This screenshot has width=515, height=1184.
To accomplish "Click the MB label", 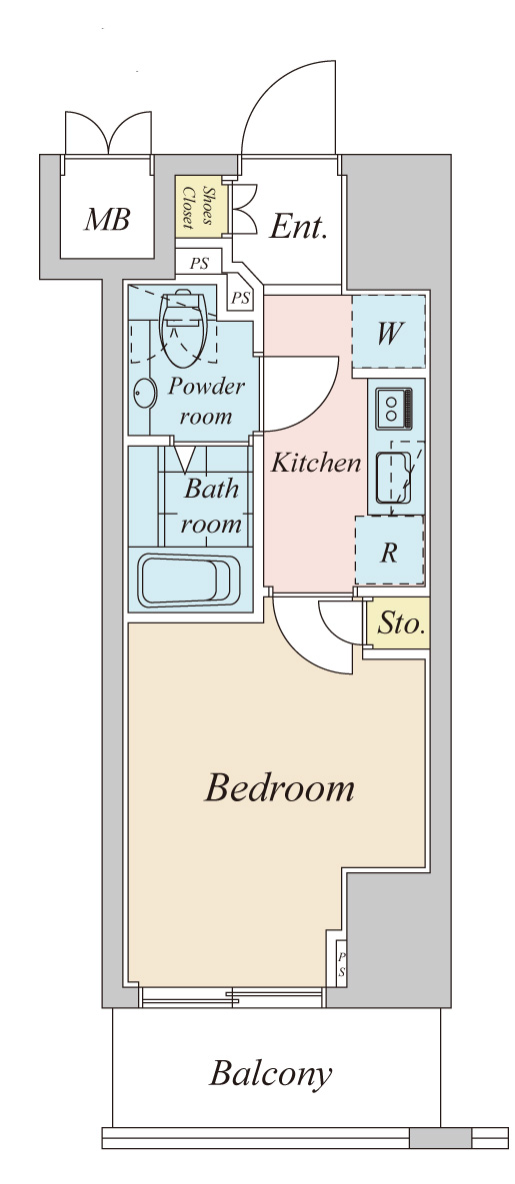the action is (107, 220).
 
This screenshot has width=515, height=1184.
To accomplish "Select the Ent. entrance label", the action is (299, 226).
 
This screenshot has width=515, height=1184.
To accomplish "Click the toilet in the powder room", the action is (185, 326).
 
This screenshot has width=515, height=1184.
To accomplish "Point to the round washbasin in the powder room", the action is (144, 394).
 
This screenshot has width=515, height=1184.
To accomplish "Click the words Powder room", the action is (206, 401).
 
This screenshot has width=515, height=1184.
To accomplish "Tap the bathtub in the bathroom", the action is (189, 581).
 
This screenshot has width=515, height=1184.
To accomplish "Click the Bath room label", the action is (212, 506).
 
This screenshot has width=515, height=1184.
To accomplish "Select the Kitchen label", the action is (316, 463).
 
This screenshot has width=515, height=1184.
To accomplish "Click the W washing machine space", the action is (389, 332).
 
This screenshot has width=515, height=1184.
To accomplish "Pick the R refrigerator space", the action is (389, 551).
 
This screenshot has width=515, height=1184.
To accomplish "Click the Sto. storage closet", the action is (398, 622).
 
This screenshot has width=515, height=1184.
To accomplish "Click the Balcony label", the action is (270, 1073).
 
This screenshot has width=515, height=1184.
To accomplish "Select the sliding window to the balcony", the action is (231, 998).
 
